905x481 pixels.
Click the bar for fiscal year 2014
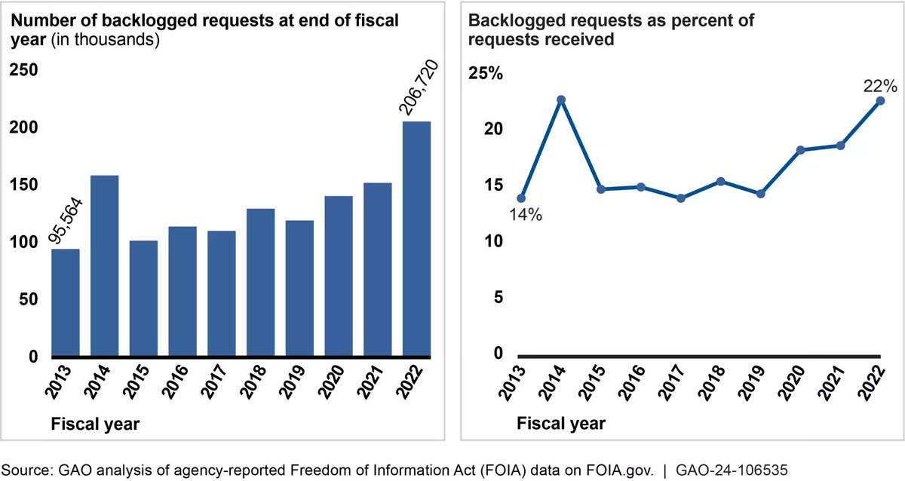coord(104,265)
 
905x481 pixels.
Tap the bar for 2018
coord(260,282)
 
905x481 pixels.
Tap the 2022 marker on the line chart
coord(879,100)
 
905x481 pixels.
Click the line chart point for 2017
coord(680,198)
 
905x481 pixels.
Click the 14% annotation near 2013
coord(526,215)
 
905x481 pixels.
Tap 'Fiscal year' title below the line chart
coord(561,424)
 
